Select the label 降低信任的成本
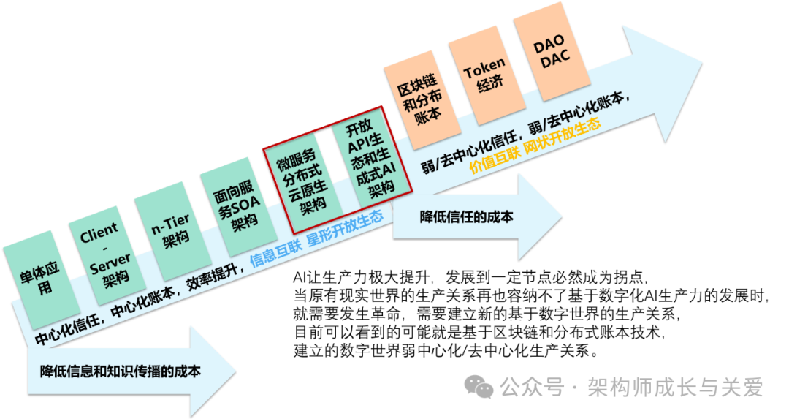(465, 216)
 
